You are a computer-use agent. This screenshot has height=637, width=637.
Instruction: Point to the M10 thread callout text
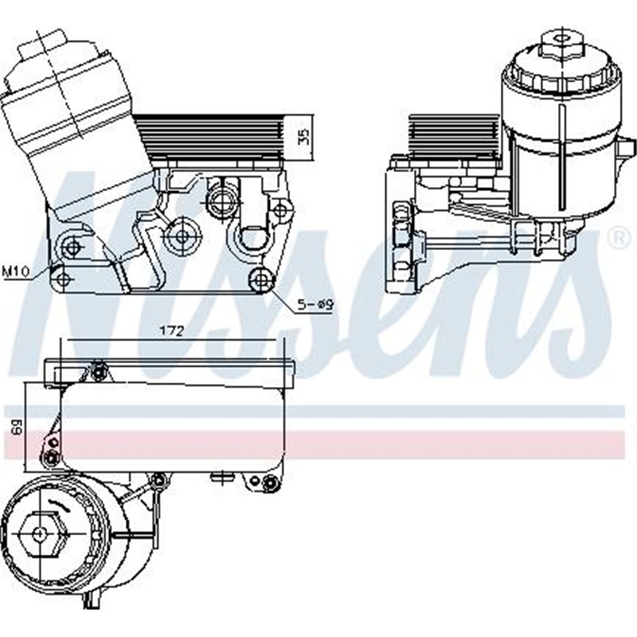(x=15, y=273)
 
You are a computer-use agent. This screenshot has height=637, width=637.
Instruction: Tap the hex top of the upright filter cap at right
(x=561, y=41)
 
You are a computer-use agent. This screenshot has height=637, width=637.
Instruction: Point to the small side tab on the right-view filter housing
(x=627, y=147)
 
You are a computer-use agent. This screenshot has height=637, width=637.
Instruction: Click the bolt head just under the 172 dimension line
(x=98, y=369)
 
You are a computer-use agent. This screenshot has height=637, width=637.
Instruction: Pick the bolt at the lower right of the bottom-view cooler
(x=272, y=483)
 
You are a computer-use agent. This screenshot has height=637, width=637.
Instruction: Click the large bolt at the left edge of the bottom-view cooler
(x=52, y=456)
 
